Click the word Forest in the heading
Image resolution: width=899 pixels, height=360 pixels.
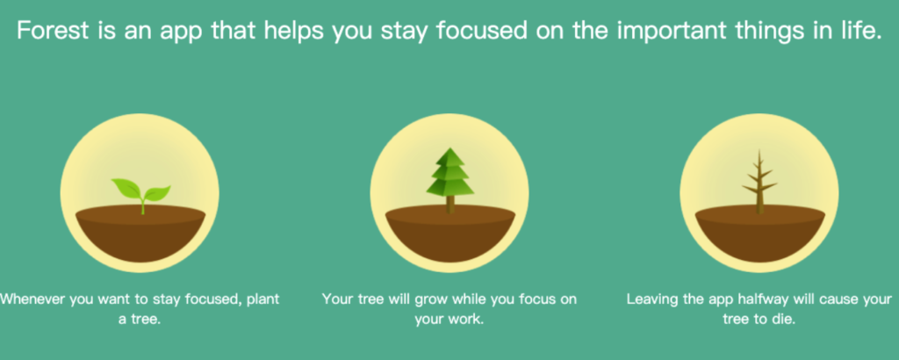[x=53, y=31]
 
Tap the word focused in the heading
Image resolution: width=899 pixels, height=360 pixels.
[x=482, y=31]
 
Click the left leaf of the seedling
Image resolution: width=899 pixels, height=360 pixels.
[x=126, y=188]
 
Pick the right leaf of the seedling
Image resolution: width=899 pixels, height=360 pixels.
[x=157, y=193]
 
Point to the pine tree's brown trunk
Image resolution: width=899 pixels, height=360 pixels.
[x=450, y=204]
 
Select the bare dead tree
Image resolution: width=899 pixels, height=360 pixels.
[x=759, y=182]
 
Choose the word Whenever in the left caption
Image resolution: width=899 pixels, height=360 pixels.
[x=32, y=299]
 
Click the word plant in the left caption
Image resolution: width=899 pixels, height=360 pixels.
[x=263, y=300]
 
